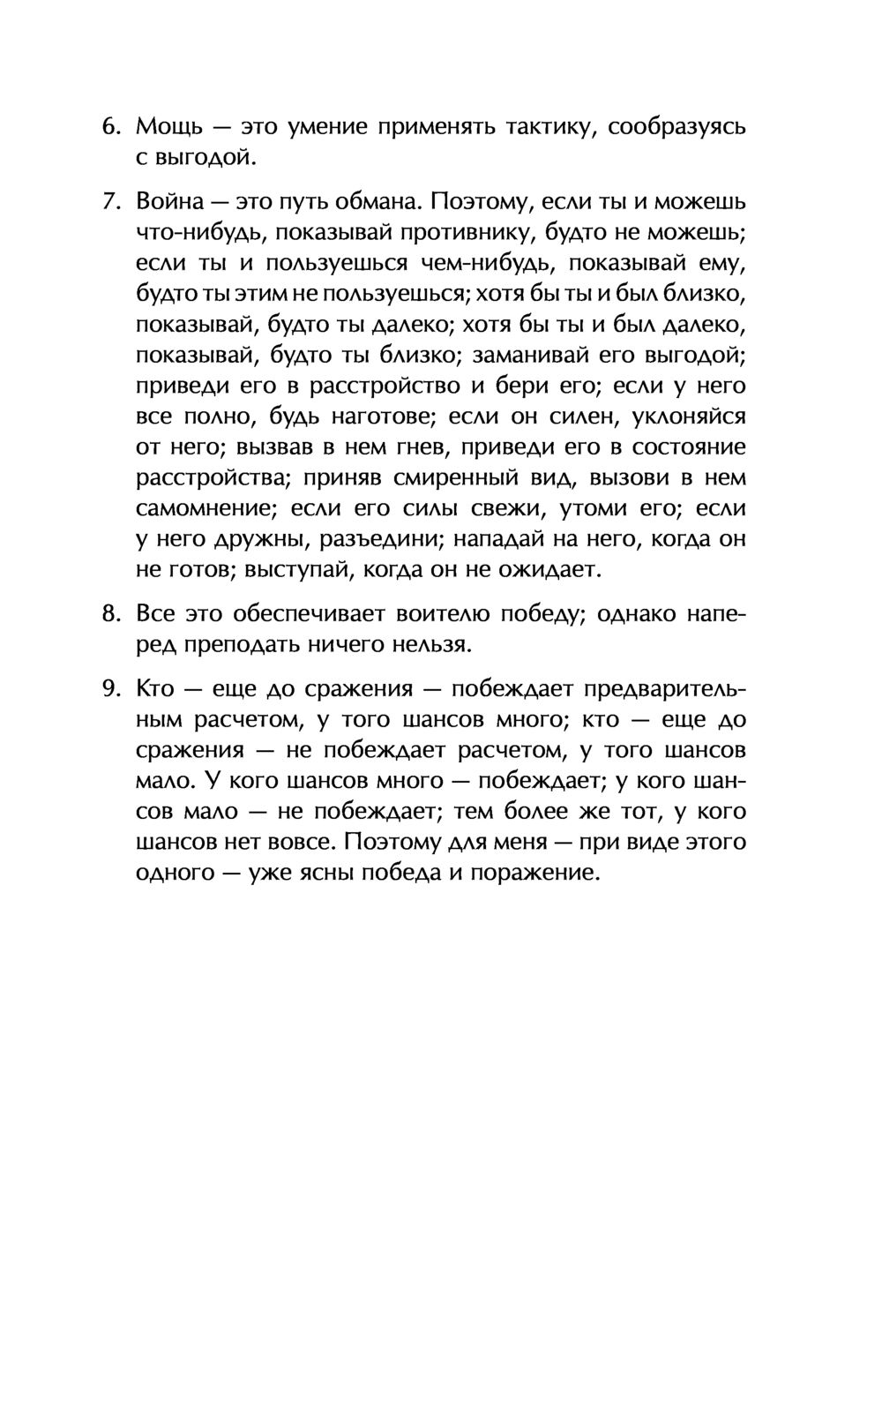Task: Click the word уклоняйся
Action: pos(684,417)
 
